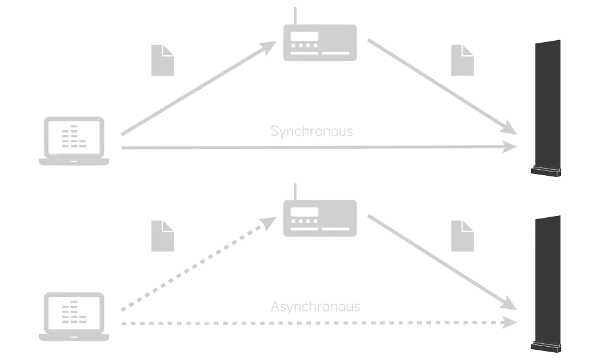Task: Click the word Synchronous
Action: point(312,131)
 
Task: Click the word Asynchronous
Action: point(314,306)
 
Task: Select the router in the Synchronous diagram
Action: point(321,43)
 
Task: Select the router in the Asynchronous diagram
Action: point(321,217)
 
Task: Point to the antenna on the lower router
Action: point(295,188)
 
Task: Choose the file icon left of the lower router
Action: point(163,235)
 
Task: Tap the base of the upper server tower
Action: point(544,173)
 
